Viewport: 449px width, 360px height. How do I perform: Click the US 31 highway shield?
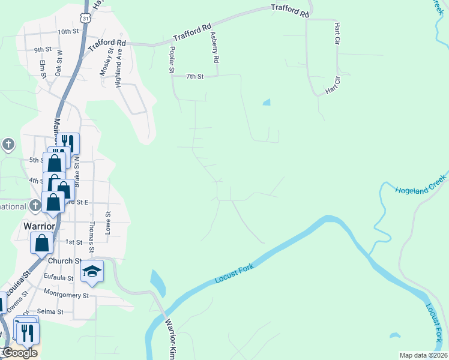tap(86, 19)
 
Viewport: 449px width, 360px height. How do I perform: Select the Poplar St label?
tap(172, 60)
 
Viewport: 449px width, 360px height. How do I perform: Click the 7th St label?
tap(195, 76)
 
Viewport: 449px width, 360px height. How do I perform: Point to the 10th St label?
tap(69, 32)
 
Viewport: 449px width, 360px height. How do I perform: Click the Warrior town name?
tap(39, 226)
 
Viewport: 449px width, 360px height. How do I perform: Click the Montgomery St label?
tap(66, 295)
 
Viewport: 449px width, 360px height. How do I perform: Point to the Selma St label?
tap(50, 312)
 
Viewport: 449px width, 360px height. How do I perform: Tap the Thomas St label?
tap(92, 237)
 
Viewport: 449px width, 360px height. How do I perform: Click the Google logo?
tap(19, 353)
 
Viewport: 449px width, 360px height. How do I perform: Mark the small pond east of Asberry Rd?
tap(267, 102)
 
